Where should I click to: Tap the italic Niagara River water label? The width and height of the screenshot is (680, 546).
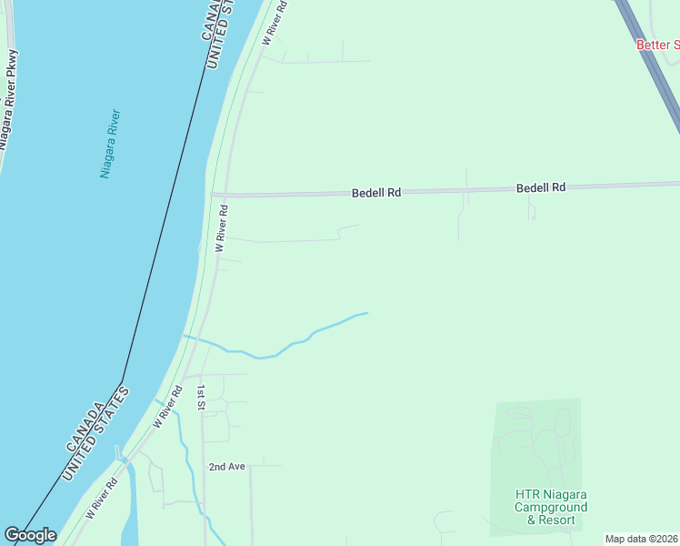point(110,144)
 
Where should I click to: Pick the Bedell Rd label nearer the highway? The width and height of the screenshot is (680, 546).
point(541,187)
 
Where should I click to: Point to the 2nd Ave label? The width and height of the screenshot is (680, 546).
point(227,467)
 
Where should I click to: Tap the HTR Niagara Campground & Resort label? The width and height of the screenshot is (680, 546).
point(545,507)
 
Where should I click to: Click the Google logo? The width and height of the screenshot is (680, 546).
point(30,535)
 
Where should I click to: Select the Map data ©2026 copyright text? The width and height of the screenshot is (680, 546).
point(641,539)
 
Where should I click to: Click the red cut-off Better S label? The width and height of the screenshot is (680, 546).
point(657,45)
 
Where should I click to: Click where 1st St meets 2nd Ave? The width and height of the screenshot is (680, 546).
point(204,467)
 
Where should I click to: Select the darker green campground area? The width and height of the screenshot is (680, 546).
point(536,446)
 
